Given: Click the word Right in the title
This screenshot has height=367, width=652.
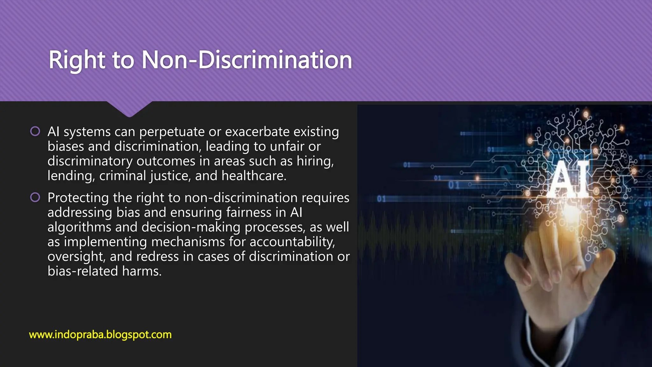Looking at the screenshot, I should coord(77,60).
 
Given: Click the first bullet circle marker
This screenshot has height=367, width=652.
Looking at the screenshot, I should coord(35,131).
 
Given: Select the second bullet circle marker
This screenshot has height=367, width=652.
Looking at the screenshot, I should coord(35,198).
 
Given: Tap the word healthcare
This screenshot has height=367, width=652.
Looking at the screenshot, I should coord(254,176).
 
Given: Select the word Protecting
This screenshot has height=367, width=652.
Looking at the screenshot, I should coord(78,198).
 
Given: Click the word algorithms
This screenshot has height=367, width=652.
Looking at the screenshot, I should coord(79,227).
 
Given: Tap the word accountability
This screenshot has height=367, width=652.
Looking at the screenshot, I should coord(292,242).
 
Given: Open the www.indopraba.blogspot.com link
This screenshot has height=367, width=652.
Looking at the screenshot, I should coord(100,335).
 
